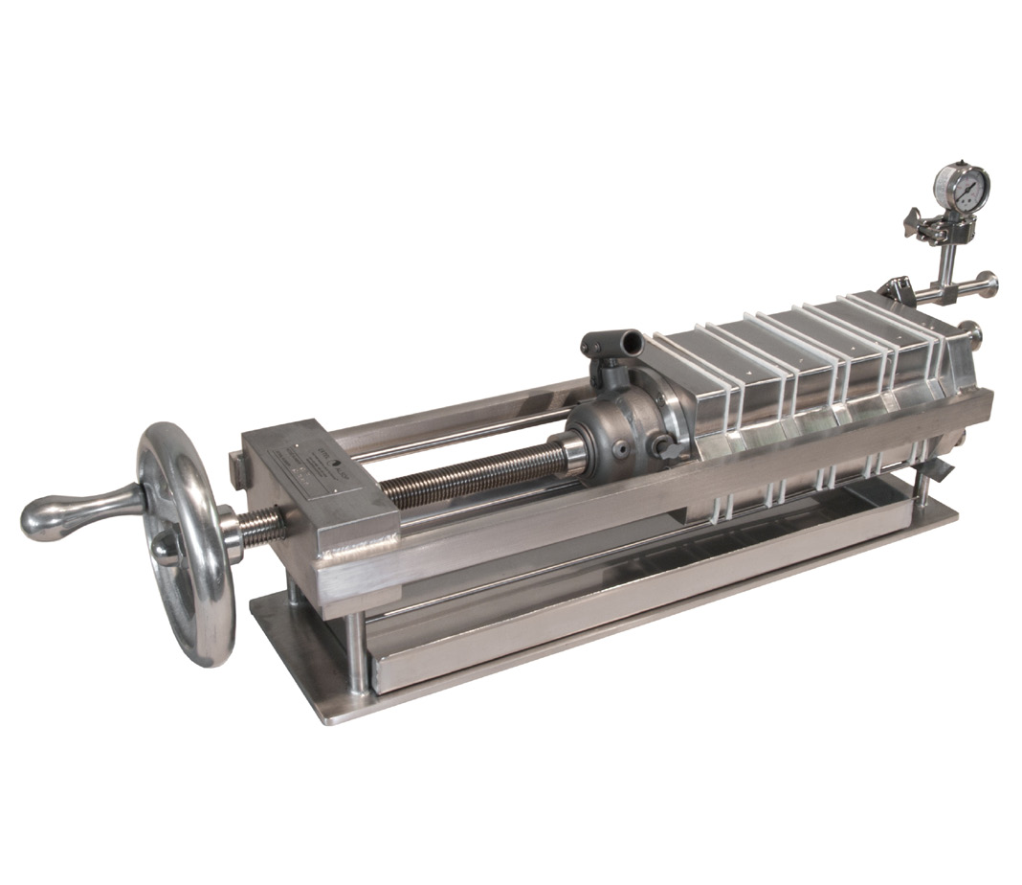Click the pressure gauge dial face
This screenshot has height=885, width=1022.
coord(962,189)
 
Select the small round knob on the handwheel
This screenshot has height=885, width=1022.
coord(165,546)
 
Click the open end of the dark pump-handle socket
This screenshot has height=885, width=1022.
coord(628,340)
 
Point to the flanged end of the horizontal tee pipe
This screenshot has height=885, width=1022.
coord(986,284)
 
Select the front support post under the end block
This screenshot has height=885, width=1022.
coord(355,651)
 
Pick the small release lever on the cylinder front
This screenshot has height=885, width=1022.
coord(670,448)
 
